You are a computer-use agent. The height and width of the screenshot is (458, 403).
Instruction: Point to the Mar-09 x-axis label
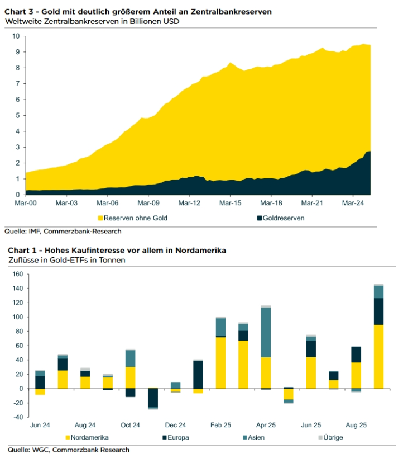149,202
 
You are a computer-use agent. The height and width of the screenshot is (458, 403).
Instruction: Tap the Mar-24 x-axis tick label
352,202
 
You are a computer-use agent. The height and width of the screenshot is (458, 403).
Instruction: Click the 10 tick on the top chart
16,36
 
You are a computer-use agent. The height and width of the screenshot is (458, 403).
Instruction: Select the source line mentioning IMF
63,231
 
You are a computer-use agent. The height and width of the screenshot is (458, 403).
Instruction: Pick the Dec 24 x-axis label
175,425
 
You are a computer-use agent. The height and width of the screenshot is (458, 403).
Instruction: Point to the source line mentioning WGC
69,450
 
